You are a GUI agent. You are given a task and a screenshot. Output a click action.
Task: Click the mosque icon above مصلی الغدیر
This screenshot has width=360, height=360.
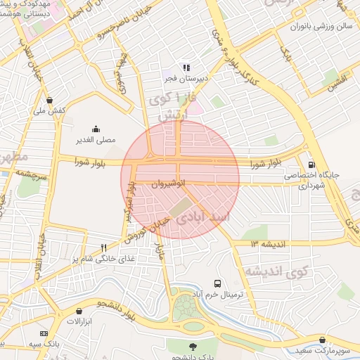point(96,128)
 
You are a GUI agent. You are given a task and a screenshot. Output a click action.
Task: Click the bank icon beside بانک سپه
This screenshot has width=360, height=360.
point(44,333)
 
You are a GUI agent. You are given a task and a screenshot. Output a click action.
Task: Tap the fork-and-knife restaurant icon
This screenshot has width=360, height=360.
point(103,247)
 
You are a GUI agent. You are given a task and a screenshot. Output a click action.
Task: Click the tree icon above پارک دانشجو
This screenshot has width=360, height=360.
point(192,346)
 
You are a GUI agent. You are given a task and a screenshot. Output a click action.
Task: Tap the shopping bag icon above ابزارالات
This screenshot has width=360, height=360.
point(79,309)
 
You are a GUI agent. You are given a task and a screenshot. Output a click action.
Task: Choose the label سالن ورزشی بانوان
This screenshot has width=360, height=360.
point(320,26)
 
